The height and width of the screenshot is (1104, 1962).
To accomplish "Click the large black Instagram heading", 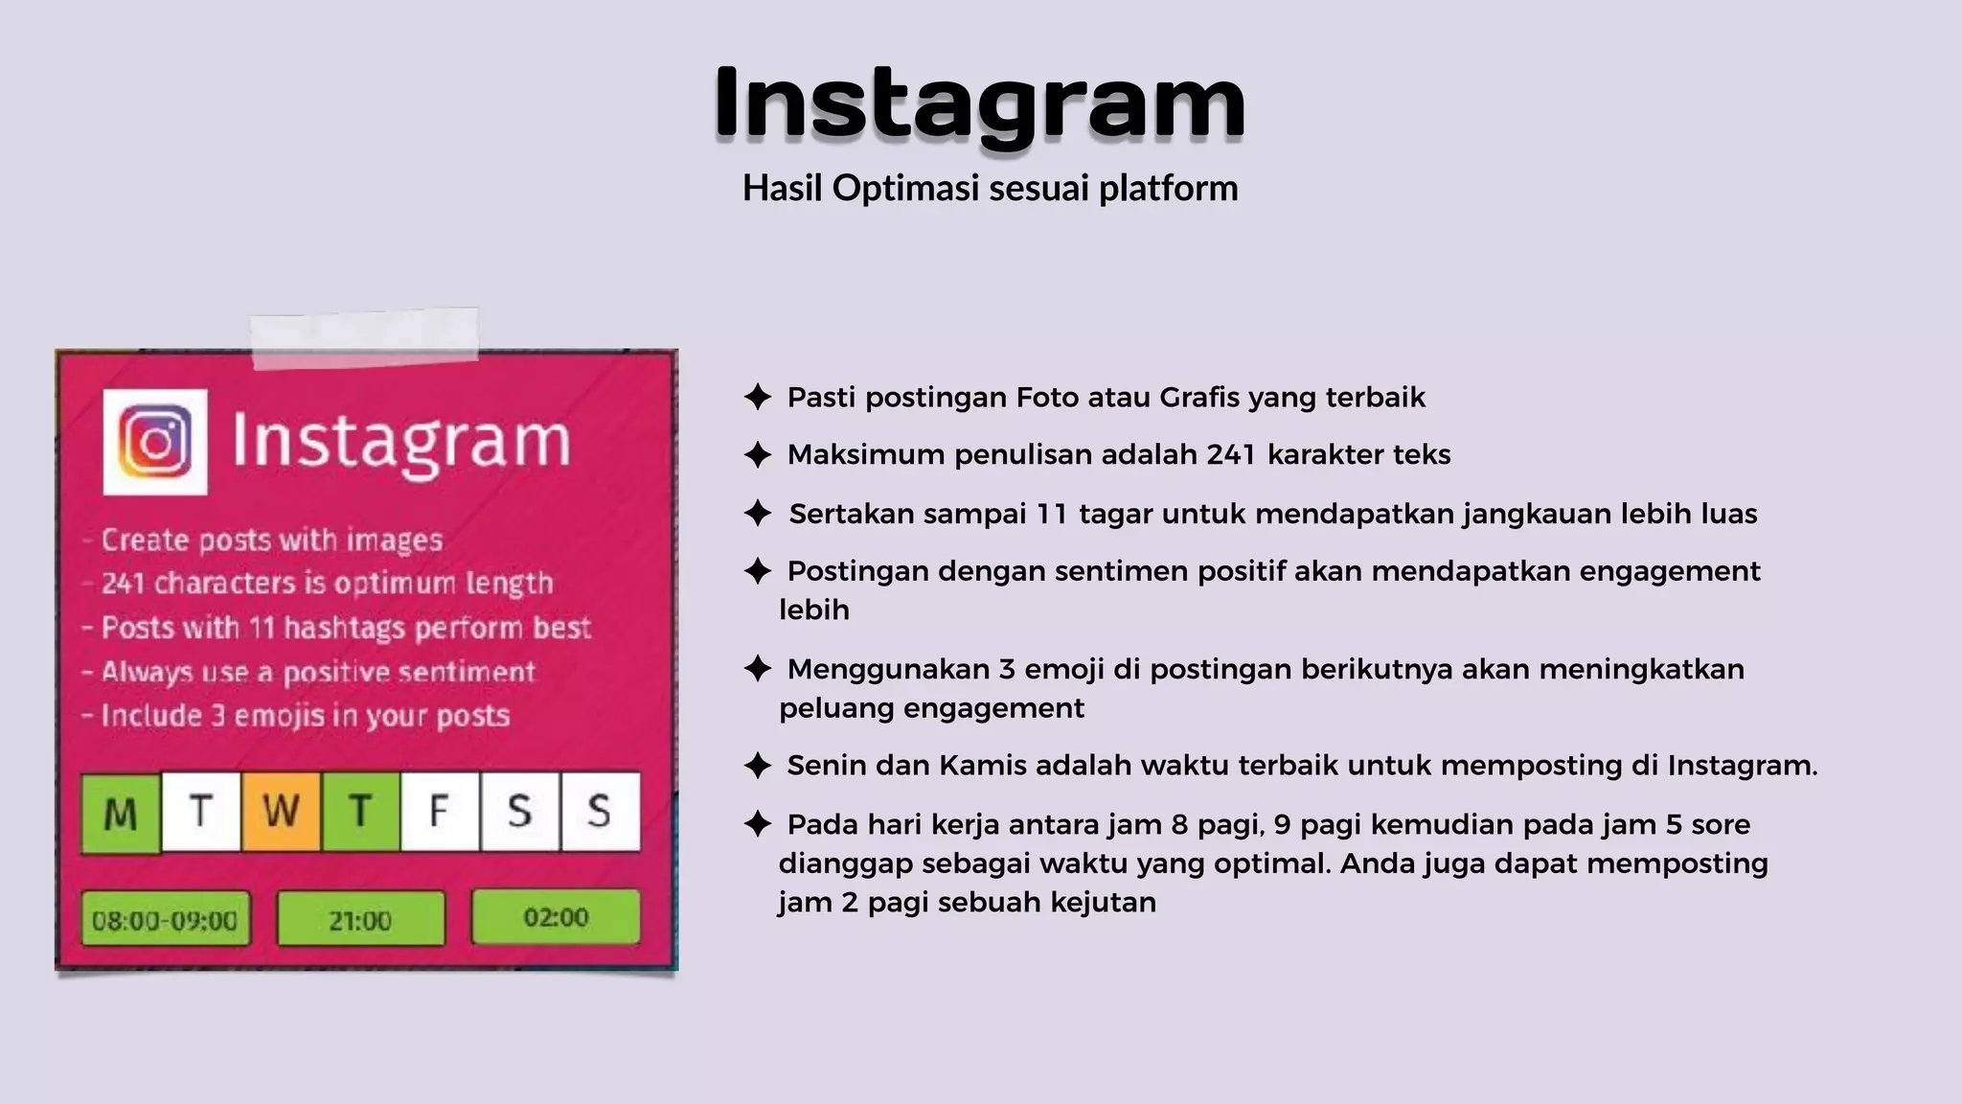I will [979, 103].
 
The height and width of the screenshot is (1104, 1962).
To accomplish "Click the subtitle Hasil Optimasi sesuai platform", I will [990, 188].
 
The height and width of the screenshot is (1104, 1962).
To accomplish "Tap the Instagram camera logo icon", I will [155, 442].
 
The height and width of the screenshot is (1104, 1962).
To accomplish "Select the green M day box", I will [121, 813].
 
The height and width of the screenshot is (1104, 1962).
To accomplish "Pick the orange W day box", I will [281, 812].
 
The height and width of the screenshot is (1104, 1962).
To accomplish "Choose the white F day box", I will [440, 812].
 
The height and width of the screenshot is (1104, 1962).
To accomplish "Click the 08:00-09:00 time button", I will [165, 920].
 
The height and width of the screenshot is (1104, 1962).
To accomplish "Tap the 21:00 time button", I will [360, 920].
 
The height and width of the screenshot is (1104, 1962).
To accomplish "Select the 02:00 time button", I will [556, 917].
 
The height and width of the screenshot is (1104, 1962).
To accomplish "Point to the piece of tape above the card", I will [364, 338].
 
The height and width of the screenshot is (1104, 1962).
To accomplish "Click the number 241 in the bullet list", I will [1231, 454].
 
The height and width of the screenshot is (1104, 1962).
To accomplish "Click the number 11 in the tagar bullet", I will [1052, 514].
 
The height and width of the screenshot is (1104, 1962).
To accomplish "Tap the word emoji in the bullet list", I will [1063, 669].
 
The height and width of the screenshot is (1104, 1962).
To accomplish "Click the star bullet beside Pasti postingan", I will [758, 397].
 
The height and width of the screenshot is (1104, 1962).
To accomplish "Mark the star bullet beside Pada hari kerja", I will [758, 824].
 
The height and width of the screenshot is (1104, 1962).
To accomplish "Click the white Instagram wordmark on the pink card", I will [401, 442].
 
